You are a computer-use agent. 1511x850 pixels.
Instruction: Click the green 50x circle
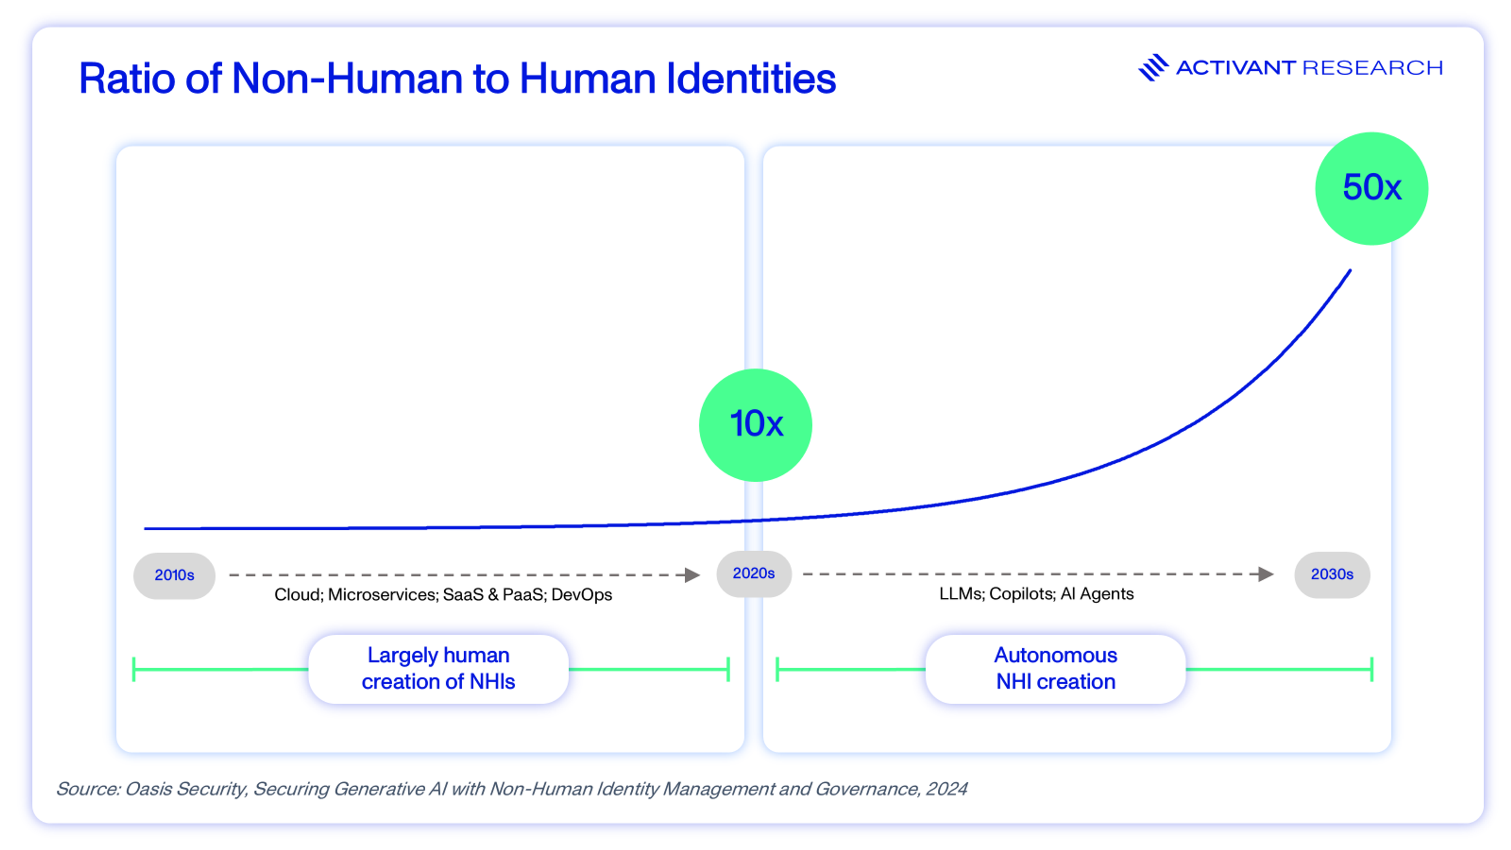[x=1371, y=188]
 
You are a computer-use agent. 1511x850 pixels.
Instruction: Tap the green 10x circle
[x=755, y=425]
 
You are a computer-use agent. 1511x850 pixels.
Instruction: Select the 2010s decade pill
[x=174, y=575]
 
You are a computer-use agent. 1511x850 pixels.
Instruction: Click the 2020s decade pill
[x=754, y=573]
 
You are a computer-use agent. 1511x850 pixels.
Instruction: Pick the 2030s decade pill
[x=1332, y=574]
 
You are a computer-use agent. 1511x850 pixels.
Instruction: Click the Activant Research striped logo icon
[x=1153, y=67]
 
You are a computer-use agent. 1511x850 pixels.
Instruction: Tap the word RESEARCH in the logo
[x=1372, y=68]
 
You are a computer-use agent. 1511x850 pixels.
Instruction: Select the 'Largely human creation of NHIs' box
[x=438, y=669]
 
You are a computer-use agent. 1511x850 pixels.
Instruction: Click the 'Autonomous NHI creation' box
[x=1055, y=669]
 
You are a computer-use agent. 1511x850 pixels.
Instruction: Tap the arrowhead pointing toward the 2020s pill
[x=692, y=575]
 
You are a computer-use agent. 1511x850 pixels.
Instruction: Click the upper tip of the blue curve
[x=1350, y=271]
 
